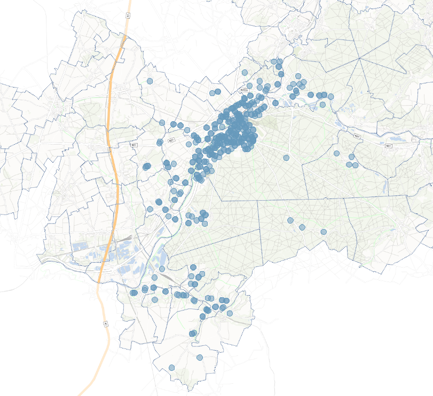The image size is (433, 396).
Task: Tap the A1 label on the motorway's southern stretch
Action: pos(106,323)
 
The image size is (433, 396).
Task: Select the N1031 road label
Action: pos(244,91)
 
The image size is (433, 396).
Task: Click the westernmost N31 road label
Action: pos(134,145)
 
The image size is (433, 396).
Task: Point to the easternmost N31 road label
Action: pos(388,145)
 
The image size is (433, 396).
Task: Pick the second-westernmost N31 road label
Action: pos(171,140)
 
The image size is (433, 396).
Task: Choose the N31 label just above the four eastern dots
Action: pos(357,137)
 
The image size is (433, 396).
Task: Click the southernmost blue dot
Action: pos(172,368)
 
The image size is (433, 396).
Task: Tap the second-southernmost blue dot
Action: pos(200,358)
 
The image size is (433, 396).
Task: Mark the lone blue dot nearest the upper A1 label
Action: pos(150,81)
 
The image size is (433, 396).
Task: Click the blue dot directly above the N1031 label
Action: pos(245,73)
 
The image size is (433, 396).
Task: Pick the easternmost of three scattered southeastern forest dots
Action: pos(324,232)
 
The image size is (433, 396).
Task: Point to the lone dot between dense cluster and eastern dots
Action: pos(286,158)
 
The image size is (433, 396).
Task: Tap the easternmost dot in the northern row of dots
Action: pos(331,97)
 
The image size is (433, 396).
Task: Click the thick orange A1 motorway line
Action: pos(114,160)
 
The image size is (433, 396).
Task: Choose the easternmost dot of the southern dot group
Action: pos(230,314)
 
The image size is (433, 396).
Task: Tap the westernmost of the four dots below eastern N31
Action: pos(337,153)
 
